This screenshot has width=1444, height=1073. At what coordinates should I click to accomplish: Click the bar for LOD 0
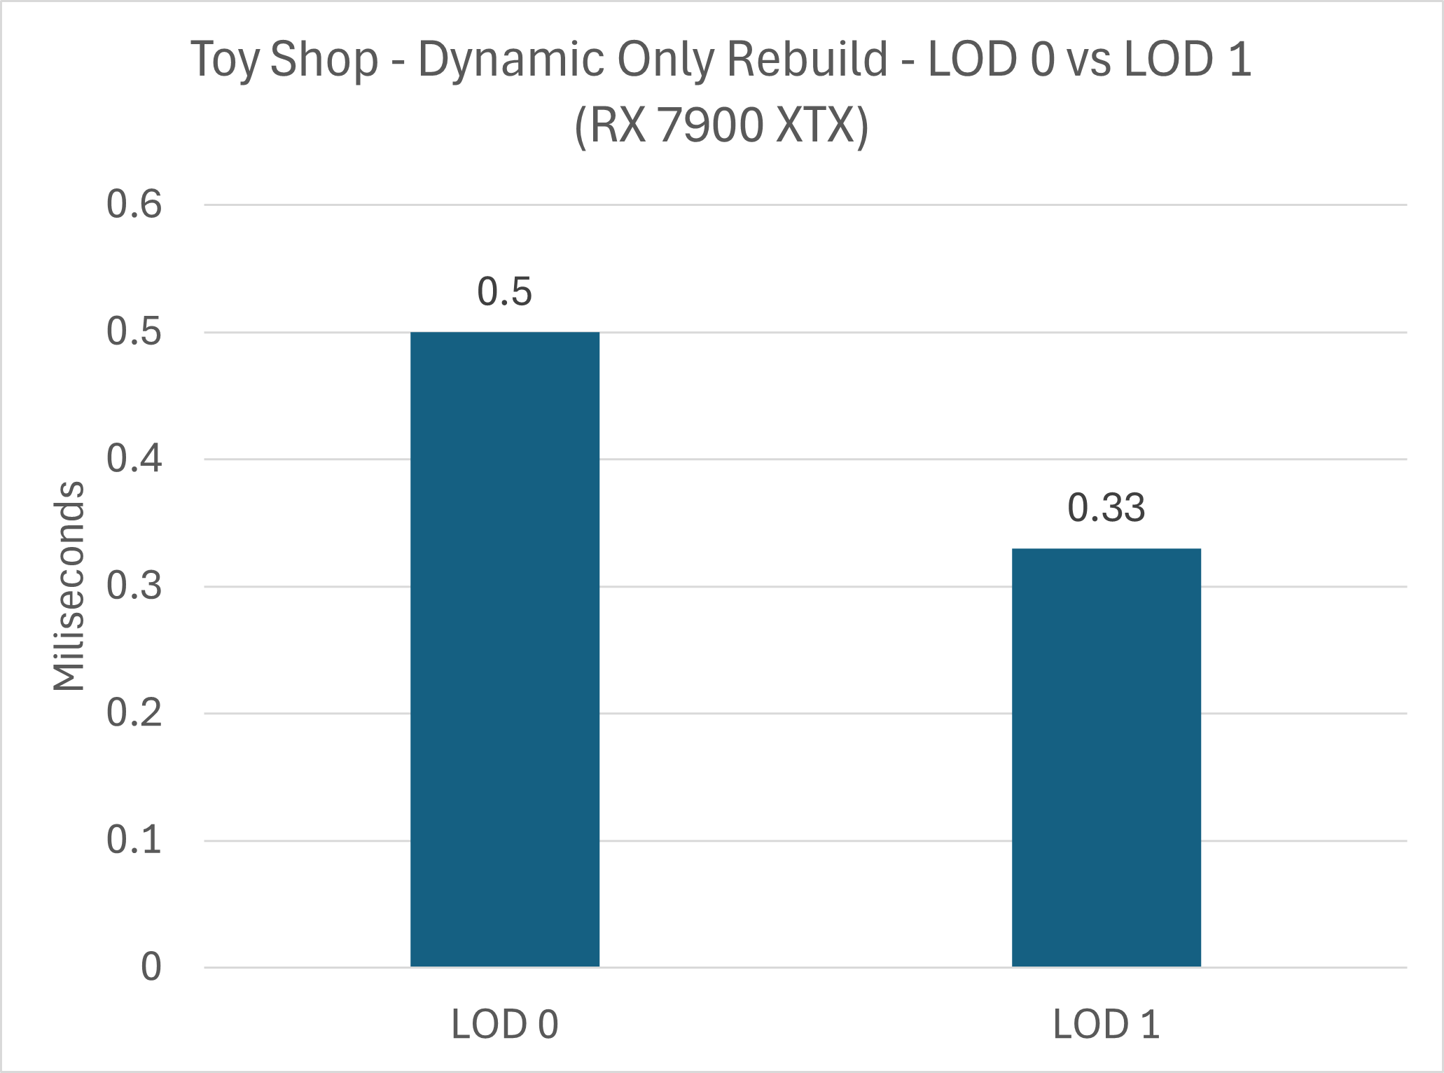(x=504, y=649)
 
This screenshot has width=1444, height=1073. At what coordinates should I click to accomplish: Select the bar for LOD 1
(x=1106, y=757)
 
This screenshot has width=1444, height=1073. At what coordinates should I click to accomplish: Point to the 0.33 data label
(x=1106, y=508)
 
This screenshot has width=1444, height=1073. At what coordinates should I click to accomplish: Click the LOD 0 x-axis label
(x=504, y=1024)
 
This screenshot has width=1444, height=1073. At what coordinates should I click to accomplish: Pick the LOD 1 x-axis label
(x=1106, y=1024)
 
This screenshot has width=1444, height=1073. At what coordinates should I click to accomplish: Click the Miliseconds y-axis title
(x=69, y=586)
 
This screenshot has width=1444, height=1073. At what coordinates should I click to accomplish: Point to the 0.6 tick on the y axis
(x=134, y=205)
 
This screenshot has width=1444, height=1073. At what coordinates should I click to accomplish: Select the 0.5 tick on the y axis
(x=134, y=332)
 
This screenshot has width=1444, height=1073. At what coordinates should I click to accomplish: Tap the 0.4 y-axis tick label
(x=134, y=459)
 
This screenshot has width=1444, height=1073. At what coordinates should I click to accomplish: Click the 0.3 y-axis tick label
(x=134, y=586)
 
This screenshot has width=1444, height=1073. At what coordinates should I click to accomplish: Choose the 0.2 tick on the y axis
(x=134, y=713)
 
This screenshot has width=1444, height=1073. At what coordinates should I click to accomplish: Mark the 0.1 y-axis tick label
(x=134, y=840)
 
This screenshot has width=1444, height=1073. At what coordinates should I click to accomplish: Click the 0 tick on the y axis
(x=151, y=967)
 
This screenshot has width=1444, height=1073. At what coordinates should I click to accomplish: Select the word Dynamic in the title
(x=511, y=59)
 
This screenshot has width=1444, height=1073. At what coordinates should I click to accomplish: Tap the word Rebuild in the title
(x=808, y=59)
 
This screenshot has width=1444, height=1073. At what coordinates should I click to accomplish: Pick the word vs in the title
(x=1088, y=59)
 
